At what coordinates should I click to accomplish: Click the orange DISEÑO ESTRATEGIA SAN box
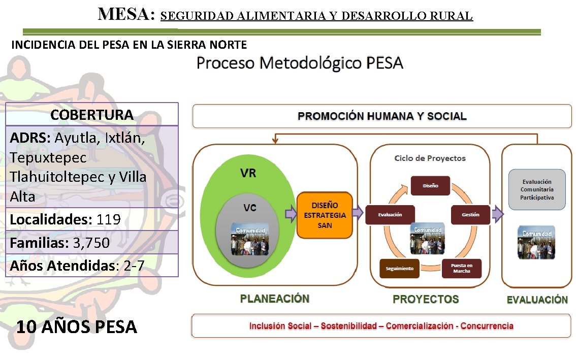pos(324,215)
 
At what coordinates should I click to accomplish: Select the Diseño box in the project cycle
pos(430,186)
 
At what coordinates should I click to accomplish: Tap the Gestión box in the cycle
pos(470,214)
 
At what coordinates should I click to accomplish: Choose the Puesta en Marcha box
pos(462,268)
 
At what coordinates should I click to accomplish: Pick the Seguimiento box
pos(399,268)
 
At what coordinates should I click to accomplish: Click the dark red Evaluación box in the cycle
pos(390,214)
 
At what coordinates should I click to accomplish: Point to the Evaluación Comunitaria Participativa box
pos(537,189)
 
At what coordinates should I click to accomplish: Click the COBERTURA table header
pos(92,115)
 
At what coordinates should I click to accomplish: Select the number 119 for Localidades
pos(109,219)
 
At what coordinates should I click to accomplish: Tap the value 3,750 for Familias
pos(91,243)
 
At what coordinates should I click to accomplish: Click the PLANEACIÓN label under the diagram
pos(275,299)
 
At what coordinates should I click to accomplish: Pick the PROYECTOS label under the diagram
pos(426,299)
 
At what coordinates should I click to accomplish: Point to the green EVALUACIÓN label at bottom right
pos(537,300)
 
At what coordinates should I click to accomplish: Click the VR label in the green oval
pos(248,173)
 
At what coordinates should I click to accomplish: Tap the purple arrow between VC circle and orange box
pos(291,214)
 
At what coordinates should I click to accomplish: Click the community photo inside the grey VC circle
pos(249,239)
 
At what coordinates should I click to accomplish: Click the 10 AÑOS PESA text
pos(77,326)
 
